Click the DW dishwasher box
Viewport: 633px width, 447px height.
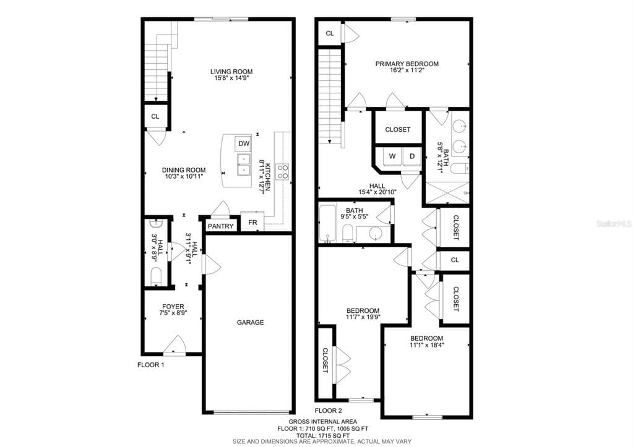pos(243,143)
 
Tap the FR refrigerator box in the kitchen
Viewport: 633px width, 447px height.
pos(252,222)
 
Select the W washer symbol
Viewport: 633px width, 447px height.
pos(392,156)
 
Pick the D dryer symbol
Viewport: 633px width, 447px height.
pos(412,156)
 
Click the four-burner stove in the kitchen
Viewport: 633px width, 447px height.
pos(282,171)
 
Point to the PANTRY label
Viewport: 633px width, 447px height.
pos(220,226)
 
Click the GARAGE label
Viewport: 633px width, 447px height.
pos(251,322)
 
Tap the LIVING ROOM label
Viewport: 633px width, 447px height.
pos(231,72)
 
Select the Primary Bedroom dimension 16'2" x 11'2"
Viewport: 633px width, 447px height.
pos(407,70)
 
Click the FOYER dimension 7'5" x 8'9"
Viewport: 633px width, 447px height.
pos(173,313)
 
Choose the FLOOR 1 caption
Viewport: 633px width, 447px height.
pos(150,365)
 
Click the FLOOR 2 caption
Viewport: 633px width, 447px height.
pos(328,411)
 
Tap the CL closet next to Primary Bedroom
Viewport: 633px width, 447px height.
pos(330,33)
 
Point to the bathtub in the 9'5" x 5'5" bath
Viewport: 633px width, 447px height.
pos(327,224)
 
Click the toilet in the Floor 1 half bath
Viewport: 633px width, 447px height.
pos(156,276)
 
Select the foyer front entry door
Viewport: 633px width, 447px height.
pos(174,346)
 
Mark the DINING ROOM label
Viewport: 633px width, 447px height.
pos(184,170)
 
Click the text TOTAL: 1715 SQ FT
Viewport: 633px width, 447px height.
pos(322,435)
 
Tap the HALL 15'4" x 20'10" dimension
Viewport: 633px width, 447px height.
pos(377,192)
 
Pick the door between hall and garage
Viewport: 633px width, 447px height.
pos(211,265)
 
